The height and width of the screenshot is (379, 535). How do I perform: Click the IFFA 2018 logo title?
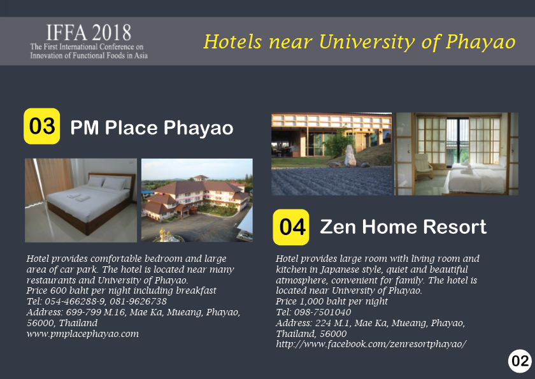89,32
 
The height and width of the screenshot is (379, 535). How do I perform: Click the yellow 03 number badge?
41,126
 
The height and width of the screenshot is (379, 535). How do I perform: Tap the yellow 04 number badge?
291,227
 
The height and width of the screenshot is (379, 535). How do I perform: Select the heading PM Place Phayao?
152,127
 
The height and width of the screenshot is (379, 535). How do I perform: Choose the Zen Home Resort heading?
403,227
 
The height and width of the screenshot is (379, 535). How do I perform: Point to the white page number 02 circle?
520,361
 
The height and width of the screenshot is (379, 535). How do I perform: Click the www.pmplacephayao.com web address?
83,334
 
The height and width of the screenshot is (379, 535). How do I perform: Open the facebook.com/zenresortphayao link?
371,344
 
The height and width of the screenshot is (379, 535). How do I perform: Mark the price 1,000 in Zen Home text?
311,301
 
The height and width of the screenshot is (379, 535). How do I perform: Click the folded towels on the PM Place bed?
78,197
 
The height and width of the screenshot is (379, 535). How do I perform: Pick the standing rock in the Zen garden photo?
350,155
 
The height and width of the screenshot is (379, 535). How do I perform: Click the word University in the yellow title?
367,42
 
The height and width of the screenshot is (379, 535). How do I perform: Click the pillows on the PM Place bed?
108,183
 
